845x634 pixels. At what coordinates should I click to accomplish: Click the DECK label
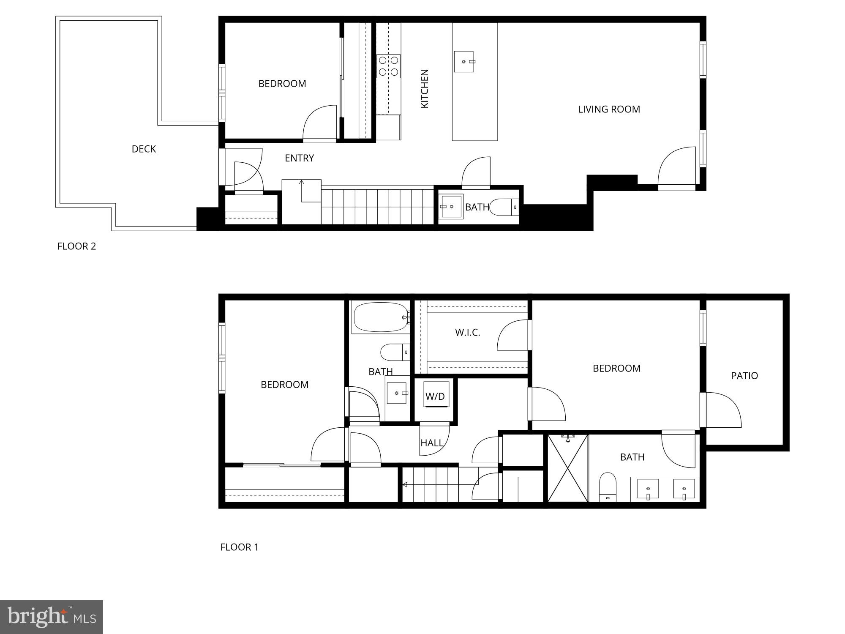pos(144,149)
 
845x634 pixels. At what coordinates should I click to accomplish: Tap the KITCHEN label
pos(425,88)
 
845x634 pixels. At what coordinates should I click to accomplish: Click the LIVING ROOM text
pos(609,109)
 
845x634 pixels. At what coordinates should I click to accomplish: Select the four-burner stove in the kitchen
pos(388,66)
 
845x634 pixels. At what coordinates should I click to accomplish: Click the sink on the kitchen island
pos(464,62)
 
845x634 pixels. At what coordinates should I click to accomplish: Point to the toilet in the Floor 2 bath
pos(504,207)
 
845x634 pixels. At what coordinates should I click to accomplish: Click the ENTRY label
pos(299,158)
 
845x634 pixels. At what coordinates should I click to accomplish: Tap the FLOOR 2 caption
pos(76,246)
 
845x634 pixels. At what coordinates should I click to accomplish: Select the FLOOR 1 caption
pos(239,547)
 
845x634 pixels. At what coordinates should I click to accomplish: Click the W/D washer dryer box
pos(435,396)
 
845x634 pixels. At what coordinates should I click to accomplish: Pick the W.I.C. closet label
pos(467,333)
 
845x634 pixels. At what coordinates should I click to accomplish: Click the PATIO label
pos(744,376)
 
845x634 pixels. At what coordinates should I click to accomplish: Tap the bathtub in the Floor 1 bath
pos(380,317)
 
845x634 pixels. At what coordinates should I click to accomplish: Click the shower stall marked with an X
pos(567,468)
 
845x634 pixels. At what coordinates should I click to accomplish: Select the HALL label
pos(431,443)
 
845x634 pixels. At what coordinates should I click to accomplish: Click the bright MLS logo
pos(51,617)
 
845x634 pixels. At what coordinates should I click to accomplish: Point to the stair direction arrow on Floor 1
pos(405,485)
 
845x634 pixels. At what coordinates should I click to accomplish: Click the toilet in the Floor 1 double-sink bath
pos(608,486)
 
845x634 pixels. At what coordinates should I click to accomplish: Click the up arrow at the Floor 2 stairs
pos(301,183)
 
